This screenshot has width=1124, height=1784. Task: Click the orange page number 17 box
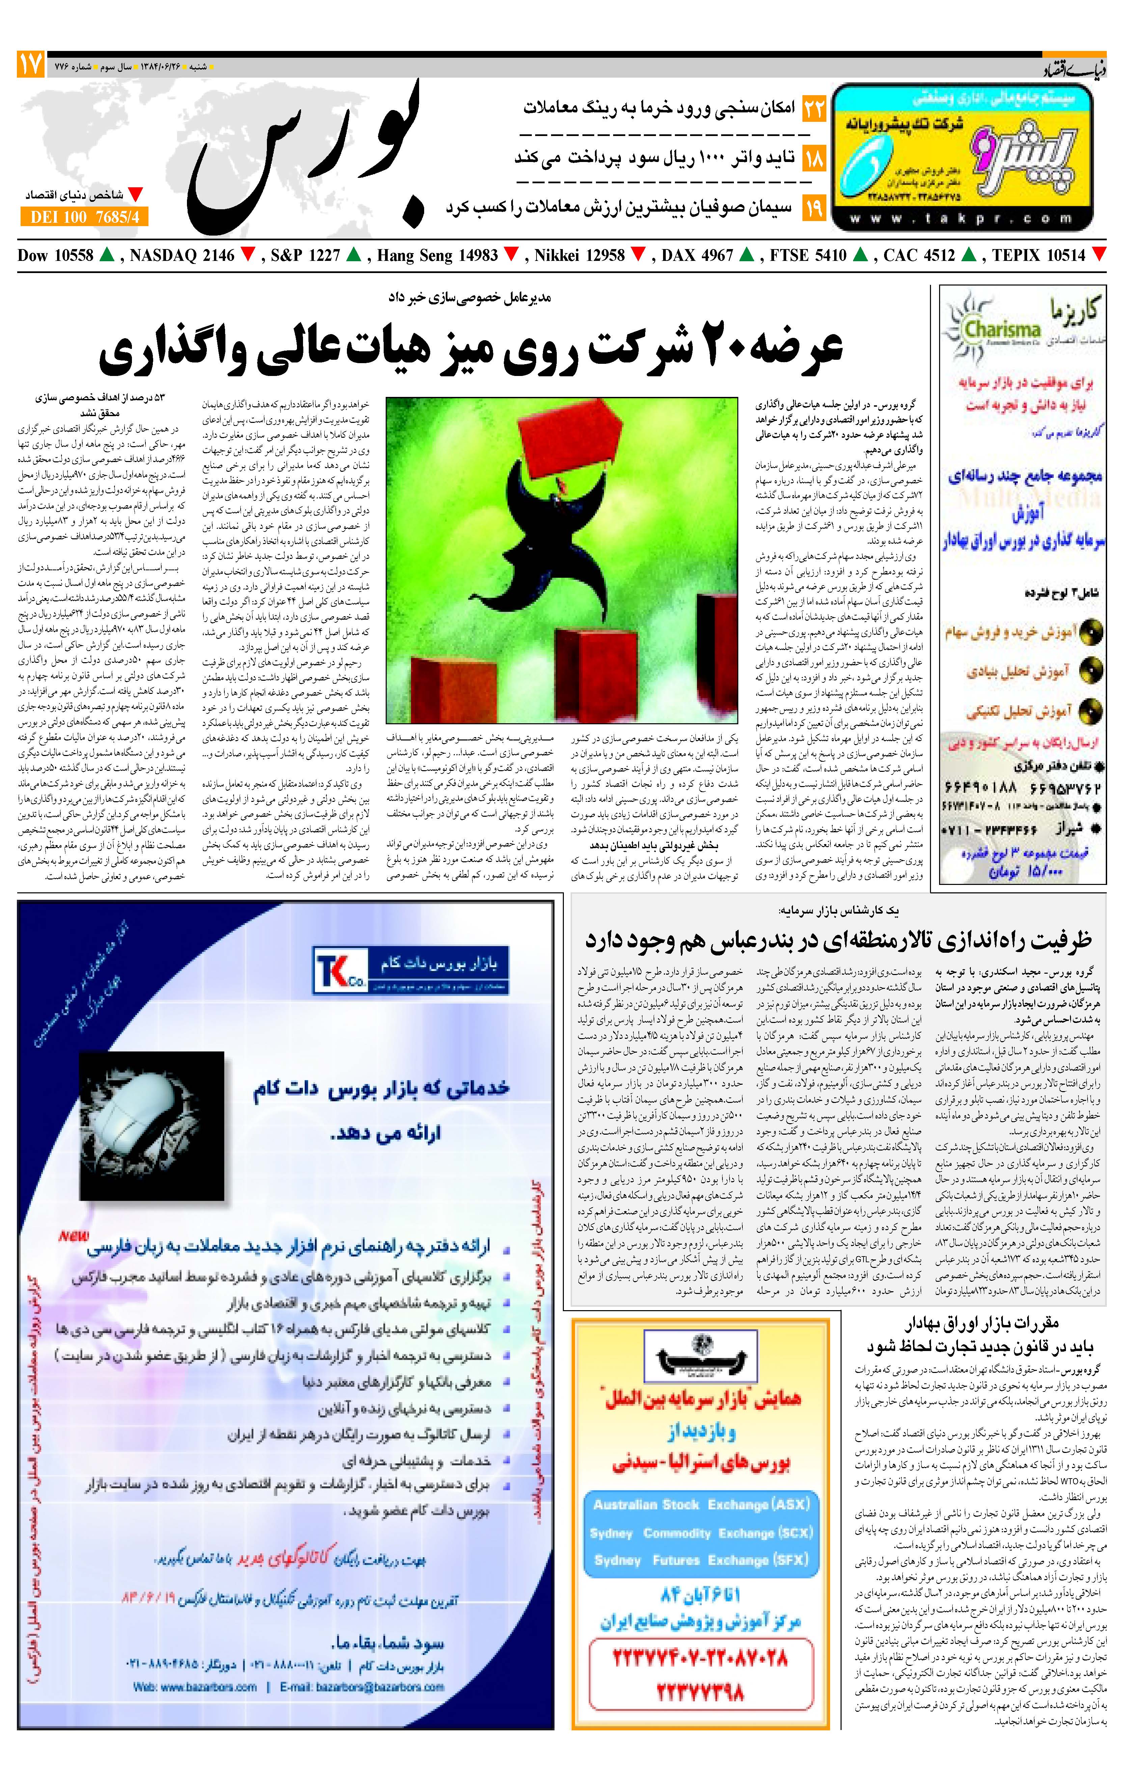30,65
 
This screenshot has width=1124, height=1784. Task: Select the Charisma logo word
1003,329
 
